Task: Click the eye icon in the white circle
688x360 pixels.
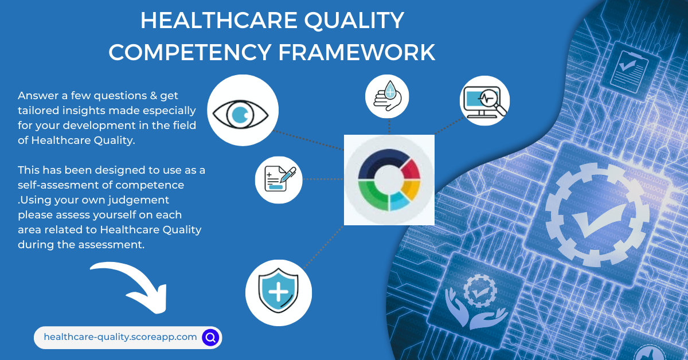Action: coord(243,110)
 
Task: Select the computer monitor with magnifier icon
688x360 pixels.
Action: coord(484,101)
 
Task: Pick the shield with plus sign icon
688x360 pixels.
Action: coord(278,292)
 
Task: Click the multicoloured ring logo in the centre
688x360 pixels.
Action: coord(389,180)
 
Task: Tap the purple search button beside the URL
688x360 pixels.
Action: coord(210,337)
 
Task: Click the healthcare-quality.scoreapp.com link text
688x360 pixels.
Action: coord(120,337)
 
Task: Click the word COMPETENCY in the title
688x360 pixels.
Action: coord(190,52)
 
